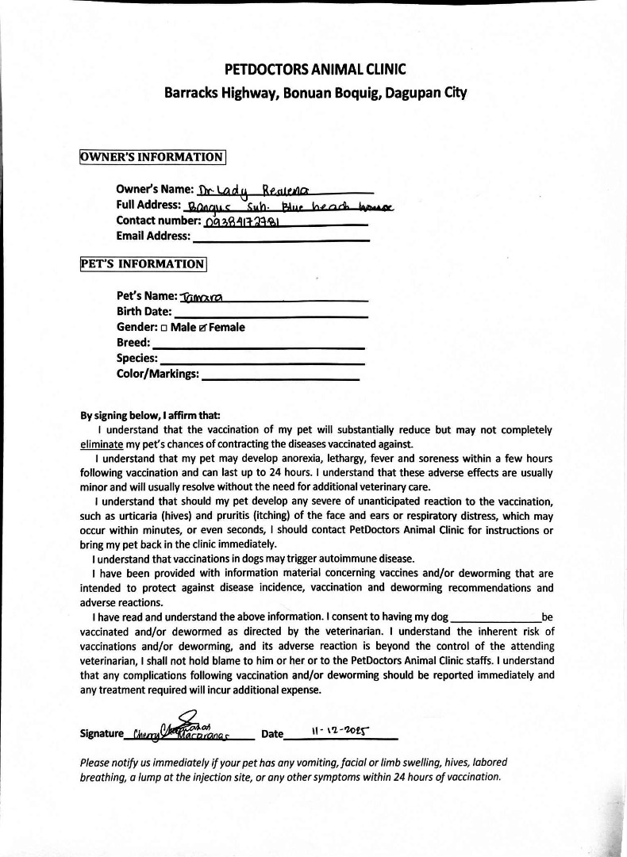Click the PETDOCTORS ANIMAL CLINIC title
pos(315,70)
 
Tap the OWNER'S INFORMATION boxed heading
pos(153,157)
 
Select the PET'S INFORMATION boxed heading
pos(144,263)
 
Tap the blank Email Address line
pos(281,236)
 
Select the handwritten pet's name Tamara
pos(202,297)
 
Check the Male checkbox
pos(163,328)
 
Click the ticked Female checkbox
pos(203,328)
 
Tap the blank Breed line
pos(257,344)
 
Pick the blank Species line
pos(262,359)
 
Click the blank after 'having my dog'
pos(495,617)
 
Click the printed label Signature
pos(102,734)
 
